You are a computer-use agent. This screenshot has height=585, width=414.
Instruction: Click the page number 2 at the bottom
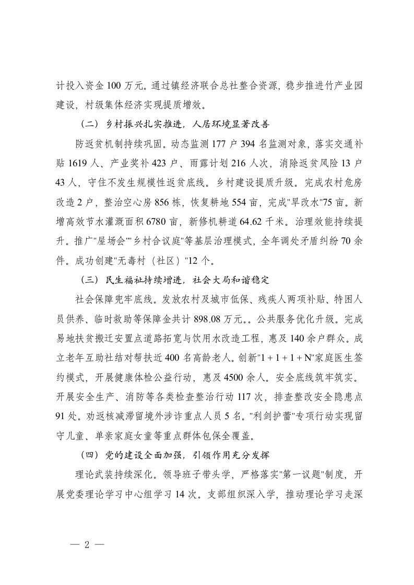coord(87,544)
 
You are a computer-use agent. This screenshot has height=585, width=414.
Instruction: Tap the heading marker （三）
coord(87,279)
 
